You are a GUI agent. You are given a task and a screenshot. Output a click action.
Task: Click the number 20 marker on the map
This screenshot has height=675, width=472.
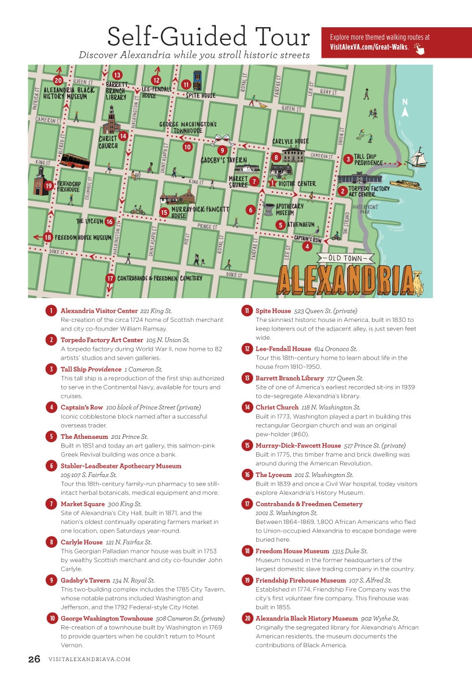tap(58, 80)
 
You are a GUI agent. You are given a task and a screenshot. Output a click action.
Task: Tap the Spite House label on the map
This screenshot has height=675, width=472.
tap(201, 96)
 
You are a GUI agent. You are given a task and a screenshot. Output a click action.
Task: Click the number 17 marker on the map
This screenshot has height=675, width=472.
tap(110, 278)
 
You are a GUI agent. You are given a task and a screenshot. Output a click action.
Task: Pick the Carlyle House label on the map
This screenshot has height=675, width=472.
tap(290, 141)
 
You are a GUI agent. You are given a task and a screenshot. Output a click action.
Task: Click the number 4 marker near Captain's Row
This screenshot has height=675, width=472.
tap(307, 246)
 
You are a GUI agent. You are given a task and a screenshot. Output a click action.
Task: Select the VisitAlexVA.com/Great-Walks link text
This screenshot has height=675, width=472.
tap(369, 46)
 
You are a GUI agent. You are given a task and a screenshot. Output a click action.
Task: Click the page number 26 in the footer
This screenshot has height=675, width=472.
tap(35, 659)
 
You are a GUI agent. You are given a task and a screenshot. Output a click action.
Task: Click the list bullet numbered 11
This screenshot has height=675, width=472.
tap(246, 311)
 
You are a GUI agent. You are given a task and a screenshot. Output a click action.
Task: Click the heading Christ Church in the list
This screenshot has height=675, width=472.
tap(276, 408)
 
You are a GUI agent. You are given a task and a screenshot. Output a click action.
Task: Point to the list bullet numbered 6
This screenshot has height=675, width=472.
tap(51, 465)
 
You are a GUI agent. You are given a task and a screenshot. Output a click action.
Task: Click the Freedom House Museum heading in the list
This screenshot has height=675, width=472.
tap(292, 551)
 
